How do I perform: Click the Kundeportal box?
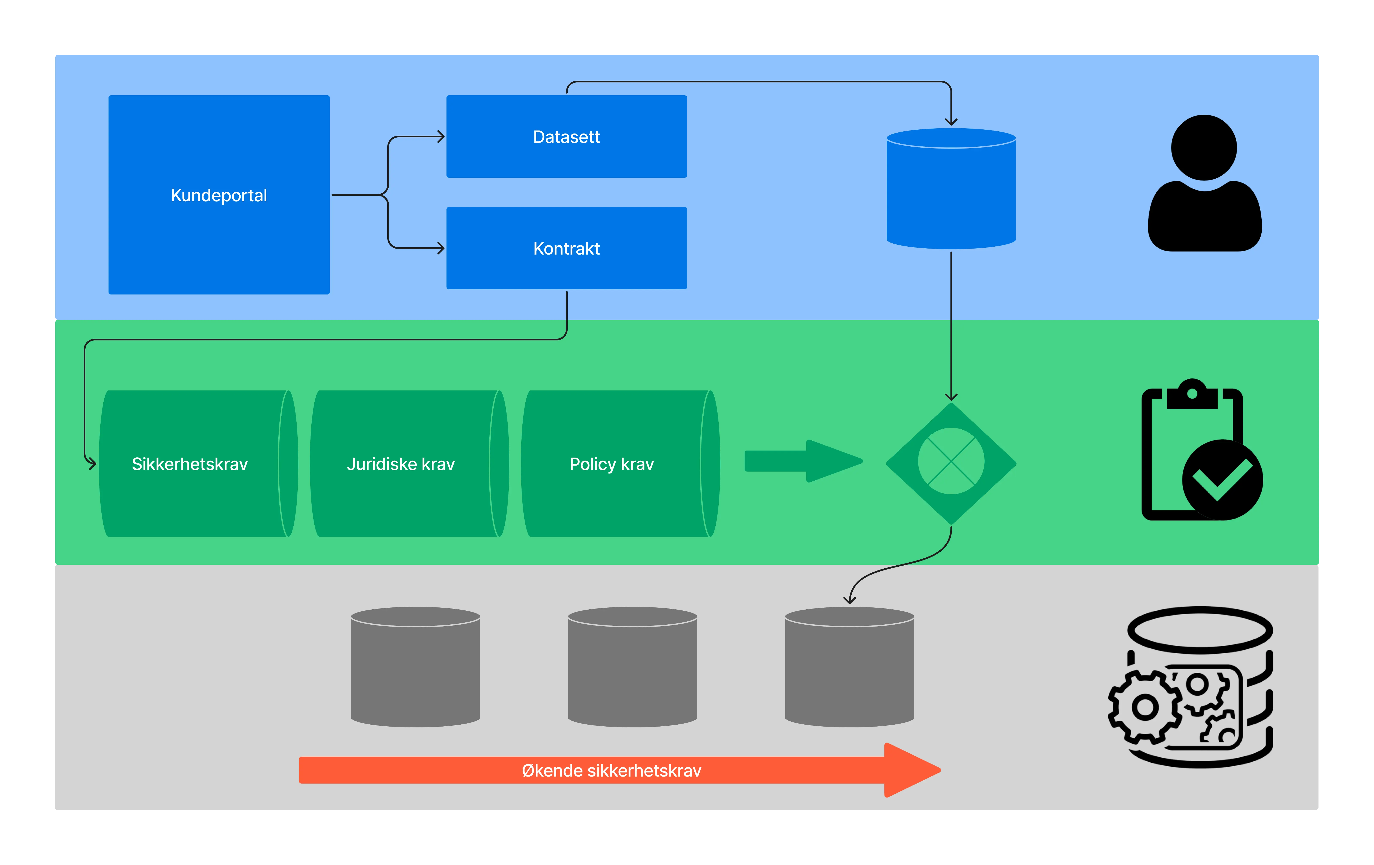tap(219, 195)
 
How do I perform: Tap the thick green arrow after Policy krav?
tap(803, 461)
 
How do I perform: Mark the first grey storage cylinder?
tap(415, 667)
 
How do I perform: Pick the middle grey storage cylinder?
tap(632, 667)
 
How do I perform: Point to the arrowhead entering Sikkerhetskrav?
tap(92, 464)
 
